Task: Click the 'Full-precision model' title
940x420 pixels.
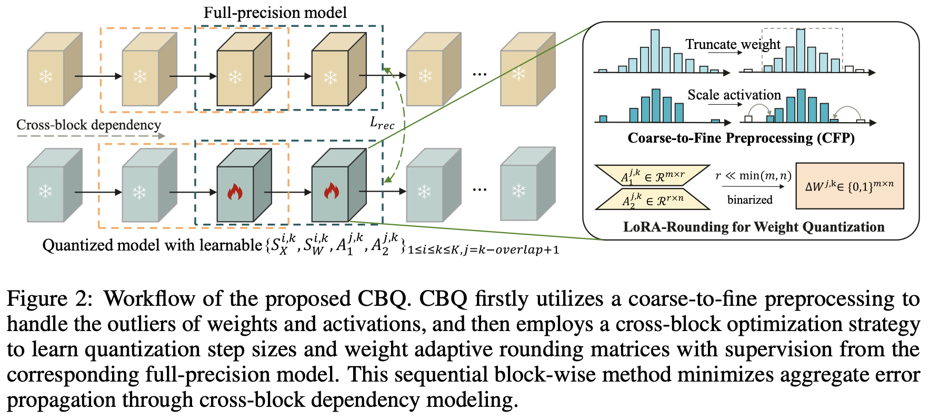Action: tap(275, 12)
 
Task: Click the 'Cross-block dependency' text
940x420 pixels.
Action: tap(88, 125)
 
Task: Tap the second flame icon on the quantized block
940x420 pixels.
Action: tap(331, 191)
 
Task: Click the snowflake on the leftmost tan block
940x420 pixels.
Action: tap(46, 77)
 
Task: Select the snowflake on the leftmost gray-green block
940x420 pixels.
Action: tap(46, 191)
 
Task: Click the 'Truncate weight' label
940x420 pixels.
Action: tap(733, 44)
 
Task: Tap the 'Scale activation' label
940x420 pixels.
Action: tap(734, 95)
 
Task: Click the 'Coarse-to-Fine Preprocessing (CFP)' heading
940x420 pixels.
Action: tap(741, 138)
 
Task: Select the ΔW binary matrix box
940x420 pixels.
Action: tap(849, 186)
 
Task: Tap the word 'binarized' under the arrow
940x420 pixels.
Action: tap(749, 199)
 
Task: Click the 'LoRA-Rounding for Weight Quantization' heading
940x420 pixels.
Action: tap(753, 227)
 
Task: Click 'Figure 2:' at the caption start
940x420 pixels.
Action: tap(49, 299)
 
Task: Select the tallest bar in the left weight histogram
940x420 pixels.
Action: tap(655, 51)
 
